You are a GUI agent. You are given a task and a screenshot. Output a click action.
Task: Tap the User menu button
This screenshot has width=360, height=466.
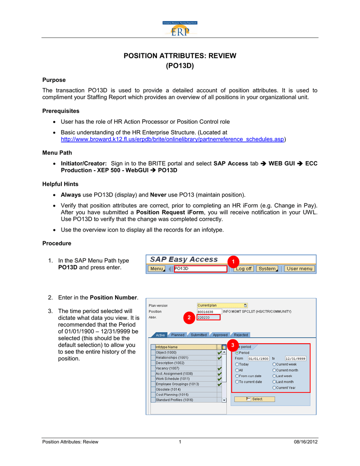(299, 268)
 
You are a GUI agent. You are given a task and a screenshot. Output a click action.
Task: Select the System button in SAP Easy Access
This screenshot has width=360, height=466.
(268, 268)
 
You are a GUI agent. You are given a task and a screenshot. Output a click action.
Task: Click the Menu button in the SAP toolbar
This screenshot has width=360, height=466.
(157, 268)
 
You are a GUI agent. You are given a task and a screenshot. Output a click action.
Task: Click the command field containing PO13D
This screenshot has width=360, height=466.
(200, 268)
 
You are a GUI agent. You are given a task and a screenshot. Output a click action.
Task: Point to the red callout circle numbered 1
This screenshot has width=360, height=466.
(233, 262)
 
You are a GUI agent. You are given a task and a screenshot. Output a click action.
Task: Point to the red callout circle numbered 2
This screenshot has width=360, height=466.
(189, 317)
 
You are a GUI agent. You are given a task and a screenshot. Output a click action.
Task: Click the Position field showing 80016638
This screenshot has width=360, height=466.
(208, 312)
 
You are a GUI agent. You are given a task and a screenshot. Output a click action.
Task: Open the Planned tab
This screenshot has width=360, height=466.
(178, 335)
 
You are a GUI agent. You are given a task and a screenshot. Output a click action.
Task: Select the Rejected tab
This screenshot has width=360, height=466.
(241, 335)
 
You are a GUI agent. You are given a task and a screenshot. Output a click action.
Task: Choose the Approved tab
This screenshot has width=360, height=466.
(220, 335)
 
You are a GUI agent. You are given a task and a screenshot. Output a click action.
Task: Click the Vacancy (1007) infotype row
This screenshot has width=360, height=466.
(184, 368)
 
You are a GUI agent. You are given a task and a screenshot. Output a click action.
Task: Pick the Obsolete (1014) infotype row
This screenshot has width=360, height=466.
(184, 389)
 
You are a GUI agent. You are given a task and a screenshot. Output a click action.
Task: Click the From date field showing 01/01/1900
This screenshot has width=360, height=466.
(258, 359)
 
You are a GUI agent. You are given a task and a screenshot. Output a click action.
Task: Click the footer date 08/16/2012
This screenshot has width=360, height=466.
(306, 442)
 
